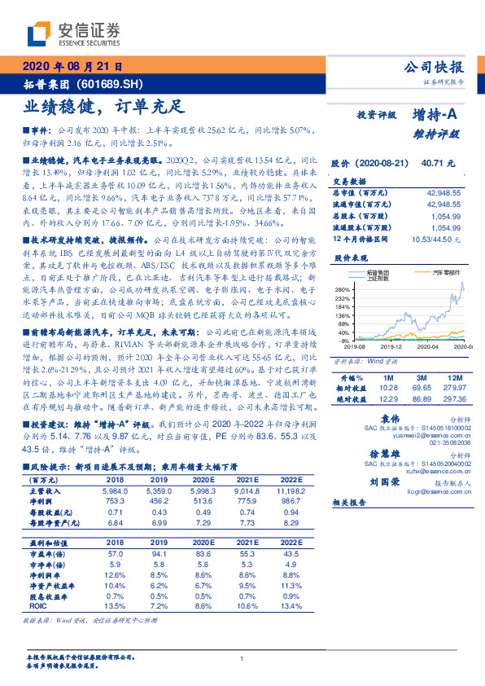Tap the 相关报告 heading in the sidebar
[352, 504]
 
